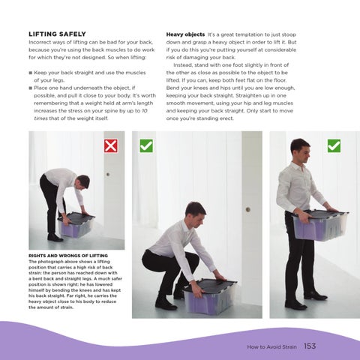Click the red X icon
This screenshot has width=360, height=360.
point(111,146)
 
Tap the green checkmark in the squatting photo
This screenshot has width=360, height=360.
point(146,146)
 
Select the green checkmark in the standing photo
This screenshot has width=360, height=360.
point(334,146)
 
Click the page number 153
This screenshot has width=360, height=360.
point(310,346)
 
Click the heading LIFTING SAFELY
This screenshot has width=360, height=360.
point(57,34)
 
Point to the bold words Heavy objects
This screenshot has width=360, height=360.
point(185,34)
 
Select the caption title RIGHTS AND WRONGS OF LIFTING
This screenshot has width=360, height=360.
point(68,256)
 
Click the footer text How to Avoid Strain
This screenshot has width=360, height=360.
point(271,346)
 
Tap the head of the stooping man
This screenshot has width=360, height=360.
point(83,181)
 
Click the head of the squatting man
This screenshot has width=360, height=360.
point(196,212)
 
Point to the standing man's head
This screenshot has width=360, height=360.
point(301,150)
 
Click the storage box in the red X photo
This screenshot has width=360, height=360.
point(76,225)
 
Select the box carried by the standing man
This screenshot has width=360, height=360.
point(320,225)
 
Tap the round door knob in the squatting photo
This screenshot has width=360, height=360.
point(248,209)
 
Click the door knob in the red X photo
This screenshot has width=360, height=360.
point(108,174)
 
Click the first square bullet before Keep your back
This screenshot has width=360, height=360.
point(31,73)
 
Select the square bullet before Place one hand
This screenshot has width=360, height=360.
point(31,88)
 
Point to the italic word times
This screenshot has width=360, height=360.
point(40,118)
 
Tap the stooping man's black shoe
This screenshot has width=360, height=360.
point(55,238)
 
